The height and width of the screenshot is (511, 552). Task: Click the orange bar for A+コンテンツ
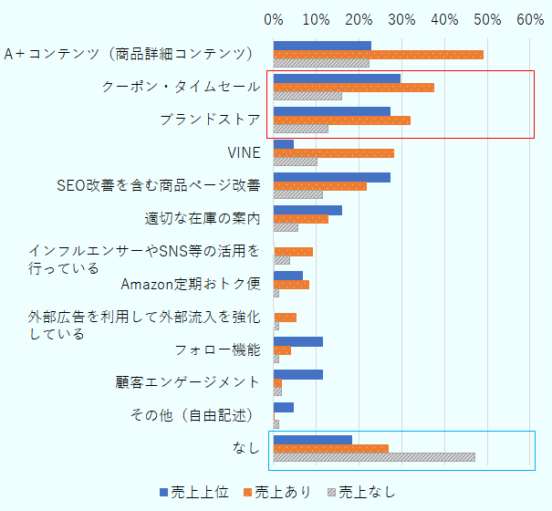(378, 55)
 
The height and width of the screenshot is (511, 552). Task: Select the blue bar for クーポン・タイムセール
(337, 78)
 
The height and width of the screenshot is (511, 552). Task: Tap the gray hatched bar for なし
(374, 457)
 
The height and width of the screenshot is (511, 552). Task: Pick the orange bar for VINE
(333, 153)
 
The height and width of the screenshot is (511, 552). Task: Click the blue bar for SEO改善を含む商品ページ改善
(331, 177)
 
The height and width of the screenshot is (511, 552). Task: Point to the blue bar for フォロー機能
(297, 341)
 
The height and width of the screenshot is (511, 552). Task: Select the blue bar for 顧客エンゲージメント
(297, 374)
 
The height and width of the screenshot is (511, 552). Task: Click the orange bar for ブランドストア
(341, 120)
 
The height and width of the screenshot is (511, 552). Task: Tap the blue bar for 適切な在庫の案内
(307, 210)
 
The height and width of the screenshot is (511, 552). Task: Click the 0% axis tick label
(274, 18)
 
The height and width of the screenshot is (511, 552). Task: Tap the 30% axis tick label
(401, 18)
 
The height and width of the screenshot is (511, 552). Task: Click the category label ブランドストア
(210, 120)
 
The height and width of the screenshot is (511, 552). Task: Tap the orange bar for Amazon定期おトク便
(291, 285)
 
